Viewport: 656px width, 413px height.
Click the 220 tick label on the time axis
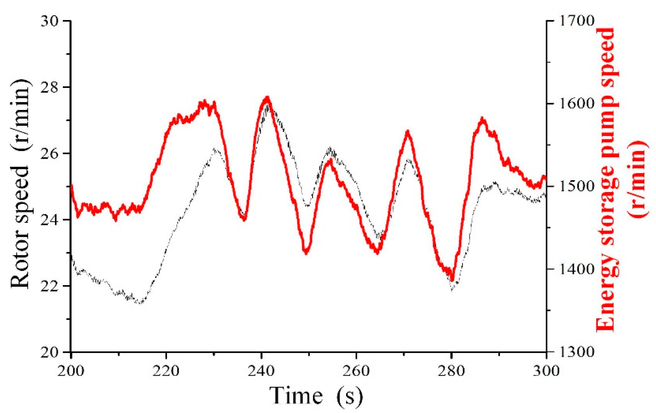click(x=166, y=371)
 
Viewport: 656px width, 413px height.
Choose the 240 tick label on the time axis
click(x=261, y=371)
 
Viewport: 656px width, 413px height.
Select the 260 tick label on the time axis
click(x=356, y=371)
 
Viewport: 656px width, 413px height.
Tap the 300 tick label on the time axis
click(x=546, y=371)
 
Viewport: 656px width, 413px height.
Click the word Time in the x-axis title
click(x=296, y=396)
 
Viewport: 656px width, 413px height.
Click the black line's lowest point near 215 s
click(x=141, y=303)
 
